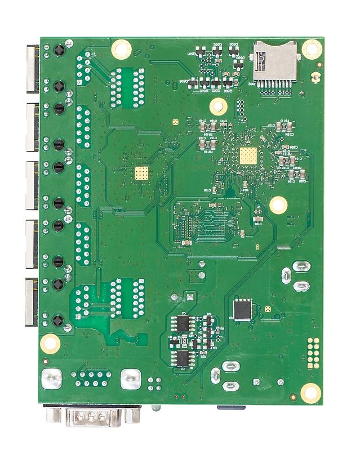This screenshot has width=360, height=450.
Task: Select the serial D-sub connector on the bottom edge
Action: tap(94, 418)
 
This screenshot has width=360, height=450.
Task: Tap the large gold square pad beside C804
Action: tap(246, 156)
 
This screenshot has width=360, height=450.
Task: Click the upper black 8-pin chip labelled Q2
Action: tap(183, 323)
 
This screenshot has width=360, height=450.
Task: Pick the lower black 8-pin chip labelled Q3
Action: tap(183, 358)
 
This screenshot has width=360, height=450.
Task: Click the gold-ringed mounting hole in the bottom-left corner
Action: tap(50, 342)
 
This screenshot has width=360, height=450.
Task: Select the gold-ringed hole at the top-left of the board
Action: tap(120, 48)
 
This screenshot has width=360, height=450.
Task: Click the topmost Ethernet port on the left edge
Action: tap(31, 68)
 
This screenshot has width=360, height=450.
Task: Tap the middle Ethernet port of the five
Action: tap(31, 185)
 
